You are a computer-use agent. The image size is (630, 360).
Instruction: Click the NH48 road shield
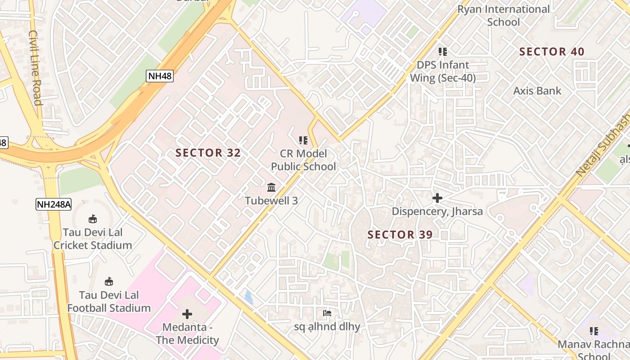coord(160,76)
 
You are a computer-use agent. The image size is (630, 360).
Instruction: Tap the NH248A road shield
coord(54,204)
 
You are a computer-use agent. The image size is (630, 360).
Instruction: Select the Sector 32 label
coord(208,153)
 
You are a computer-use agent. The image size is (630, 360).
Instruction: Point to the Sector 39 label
coord(400,234)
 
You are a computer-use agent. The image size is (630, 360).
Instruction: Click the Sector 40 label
coord(552,52)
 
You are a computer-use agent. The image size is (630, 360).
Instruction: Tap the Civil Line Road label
coord(36,67)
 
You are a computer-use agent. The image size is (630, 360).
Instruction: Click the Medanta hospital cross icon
coord(187,314)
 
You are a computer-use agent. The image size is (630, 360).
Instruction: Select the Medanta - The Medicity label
coord(187,333)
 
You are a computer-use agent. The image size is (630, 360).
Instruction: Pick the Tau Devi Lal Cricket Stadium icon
coord(93,219)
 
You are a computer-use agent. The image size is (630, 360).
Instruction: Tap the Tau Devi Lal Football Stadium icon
coord(108,282)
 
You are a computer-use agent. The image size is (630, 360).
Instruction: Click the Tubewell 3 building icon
coord(271,187)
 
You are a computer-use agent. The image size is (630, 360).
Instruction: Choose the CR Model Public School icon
coord(303,140)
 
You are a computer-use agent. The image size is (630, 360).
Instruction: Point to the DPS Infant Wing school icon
coord(443,52)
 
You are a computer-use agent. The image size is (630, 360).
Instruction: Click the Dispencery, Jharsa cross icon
coord(437,198)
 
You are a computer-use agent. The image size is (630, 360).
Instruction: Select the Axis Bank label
coord(537,91)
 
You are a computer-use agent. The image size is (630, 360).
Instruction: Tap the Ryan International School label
coord(504,15)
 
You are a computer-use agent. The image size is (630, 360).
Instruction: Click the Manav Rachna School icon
coord(594,331)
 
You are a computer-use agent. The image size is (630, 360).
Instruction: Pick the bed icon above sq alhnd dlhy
coord(327,313)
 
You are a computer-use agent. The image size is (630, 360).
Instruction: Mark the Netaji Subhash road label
coord(603,144)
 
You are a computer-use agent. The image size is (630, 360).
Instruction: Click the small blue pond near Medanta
coord(248,297)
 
